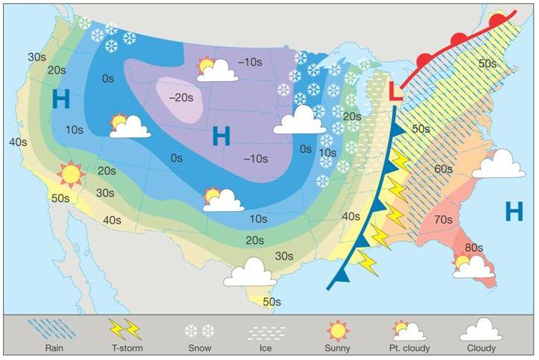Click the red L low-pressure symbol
[x=396, y=94]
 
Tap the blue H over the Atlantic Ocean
[x=514, y=212]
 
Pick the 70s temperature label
[x=443, y=220]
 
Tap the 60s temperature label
[x=442, y=169]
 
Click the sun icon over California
[x=72, y=174]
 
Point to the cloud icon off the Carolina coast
[x=498, y=164]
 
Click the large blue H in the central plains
[x=221, y=136]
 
